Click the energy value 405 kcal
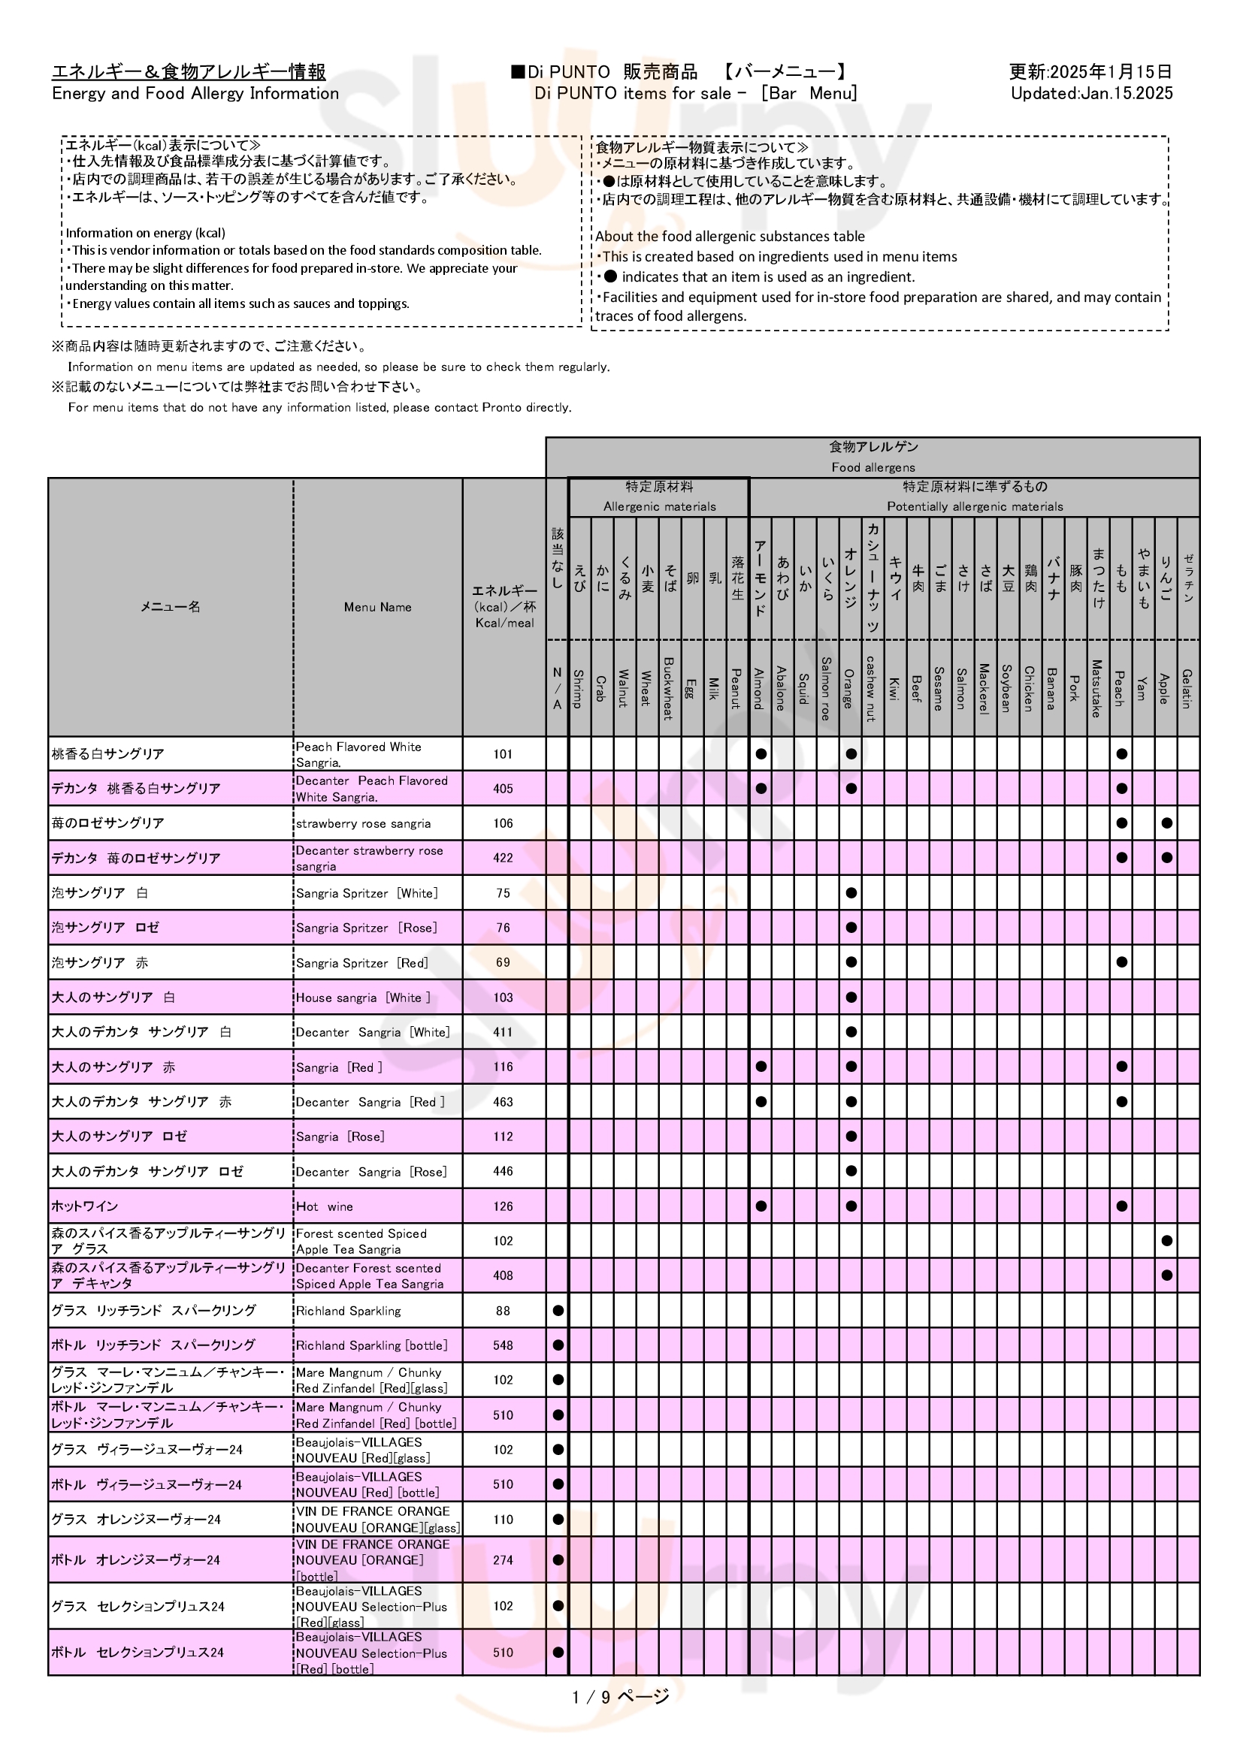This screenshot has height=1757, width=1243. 503,789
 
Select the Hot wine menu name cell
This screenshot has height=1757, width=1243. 377,1207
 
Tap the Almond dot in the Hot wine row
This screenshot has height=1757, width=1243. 761,1207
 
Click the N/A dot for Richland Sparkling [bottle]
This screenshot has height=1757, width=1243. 558,1345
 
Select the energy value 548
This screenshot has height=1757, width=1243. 503,1345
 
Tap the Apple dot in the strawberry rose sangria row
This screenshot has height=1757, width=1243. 1166,823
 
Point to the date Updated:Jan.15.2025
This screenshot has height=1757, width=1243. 1091,93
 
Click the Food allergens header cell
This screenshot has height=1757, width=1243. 873,457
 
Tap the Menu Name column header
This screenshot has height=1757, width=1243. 377,608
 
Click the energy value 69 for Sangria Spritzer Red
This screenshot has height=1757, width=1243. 503,963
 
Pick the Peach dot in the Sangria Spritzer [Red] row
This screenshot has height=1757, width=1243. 1121,963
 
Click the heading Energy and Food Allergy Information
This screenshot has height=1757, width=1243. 195,93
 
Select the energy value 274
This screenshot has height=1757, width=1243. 503,1560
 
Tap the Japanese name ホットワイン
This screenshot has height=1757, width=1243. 85,1207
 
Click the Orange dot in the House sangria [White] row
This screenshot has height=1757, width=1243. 851,998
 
